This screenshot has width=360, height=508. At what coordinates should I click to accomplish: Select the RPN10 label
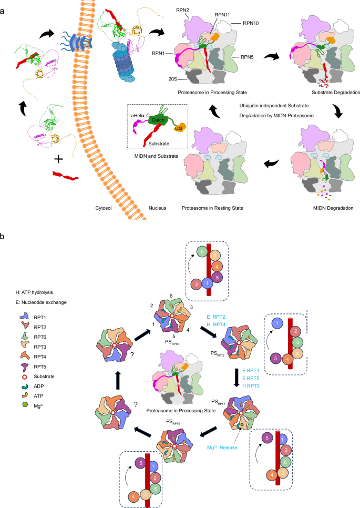(254, 23)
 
